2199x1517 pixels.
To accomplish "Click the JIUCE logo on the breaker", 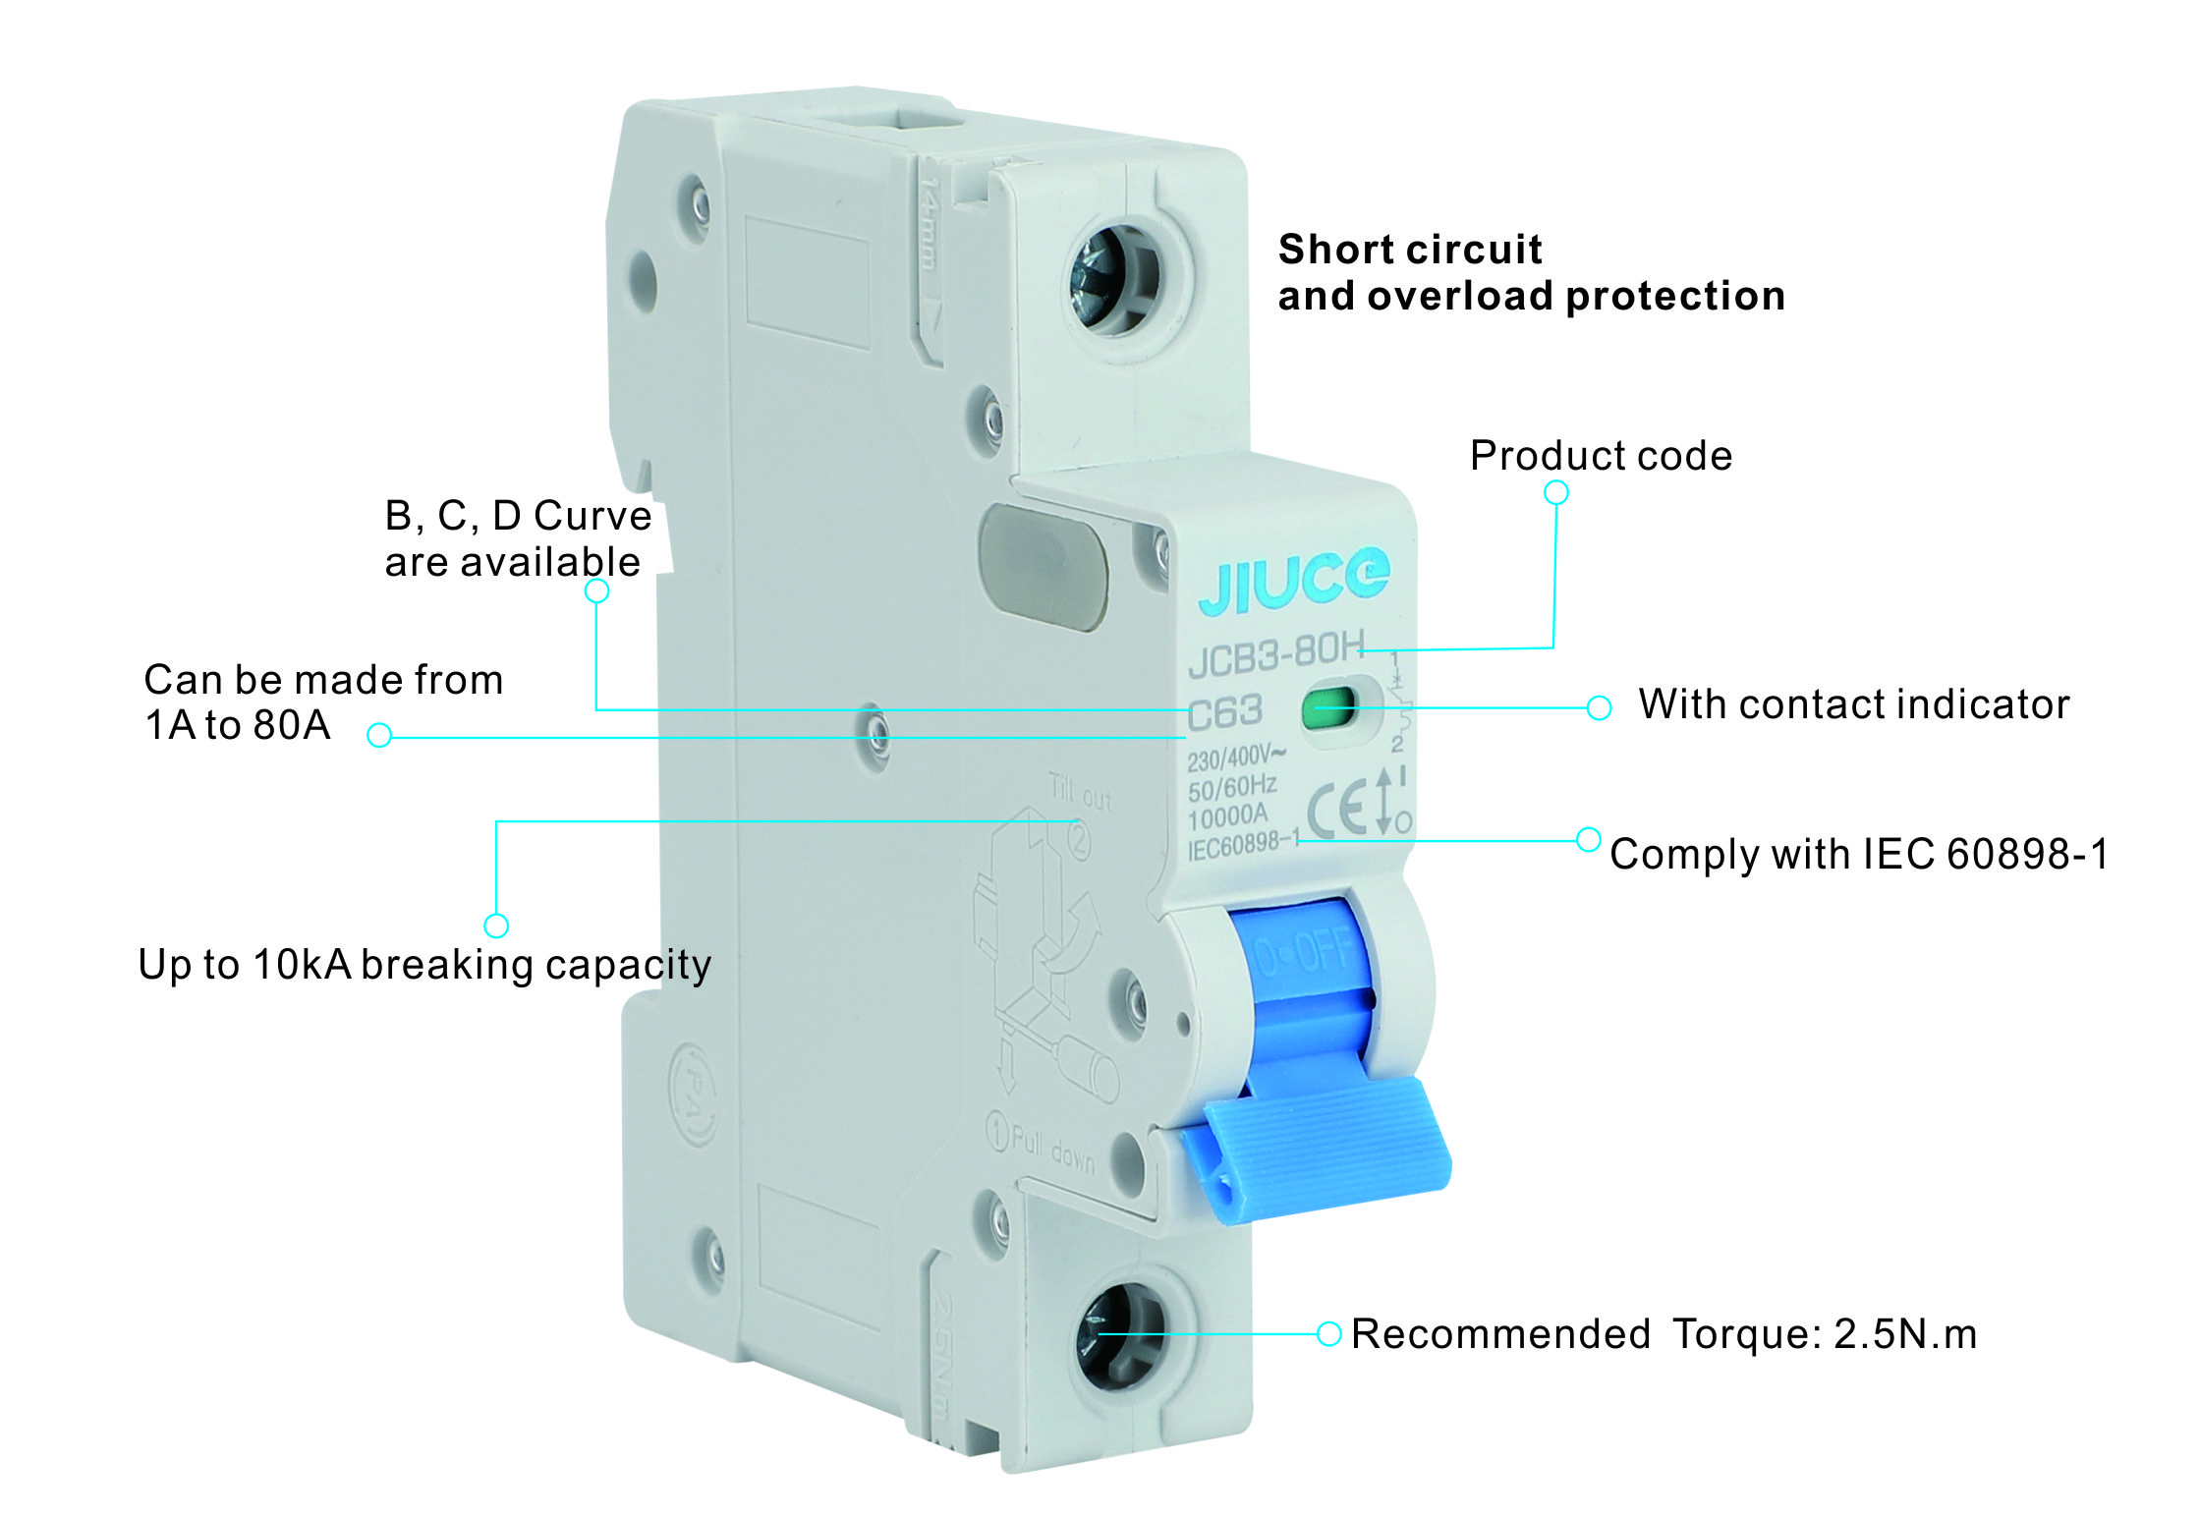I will tap(1293, 581).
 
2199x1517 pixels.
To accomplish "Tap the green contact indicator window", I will tap(1327, 706).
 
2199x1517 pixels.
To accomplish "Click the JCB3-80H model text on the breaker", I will tap(1275, 653).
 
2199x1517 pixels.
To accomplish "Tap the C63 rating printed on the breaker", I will tap(1224, 712).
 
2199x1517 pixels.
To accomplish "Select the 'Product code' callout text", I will tap(1601, 456).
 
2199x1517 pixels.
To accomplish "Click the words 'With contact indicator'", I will tap(1853, 704).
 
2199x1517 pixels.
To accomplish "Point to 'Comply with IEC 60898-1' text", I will tap(1858, 854).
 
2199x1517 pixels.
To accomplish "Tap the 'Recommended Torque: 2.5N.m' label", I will tap(1663, 1334).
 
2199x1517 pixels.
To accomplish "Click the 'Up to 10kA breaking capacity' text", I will tap(424, 965).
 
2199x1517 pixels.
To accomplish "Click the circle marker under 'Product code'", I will tap(1555, 492).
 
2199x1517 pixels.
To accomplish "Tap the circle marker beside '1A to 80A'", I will tap(379, 735).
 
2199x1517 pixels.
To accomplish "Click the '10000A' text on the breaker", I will tap(1227, 816).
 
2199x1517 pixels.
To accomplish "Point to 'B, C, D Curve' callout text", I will tap(518, 516).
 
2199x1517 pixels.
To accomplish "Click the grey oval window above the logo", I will tap(1043, 566).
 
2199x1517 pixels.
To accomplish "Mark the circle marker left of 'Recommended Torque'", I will tap(1328, 1333).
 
